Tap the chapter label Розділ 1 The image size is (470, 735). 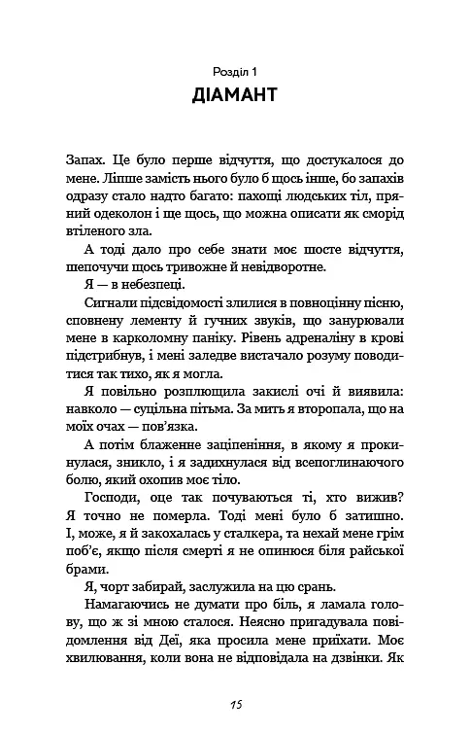click(235, 71)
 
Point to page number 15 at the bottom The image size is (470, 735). click(235, 703)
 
